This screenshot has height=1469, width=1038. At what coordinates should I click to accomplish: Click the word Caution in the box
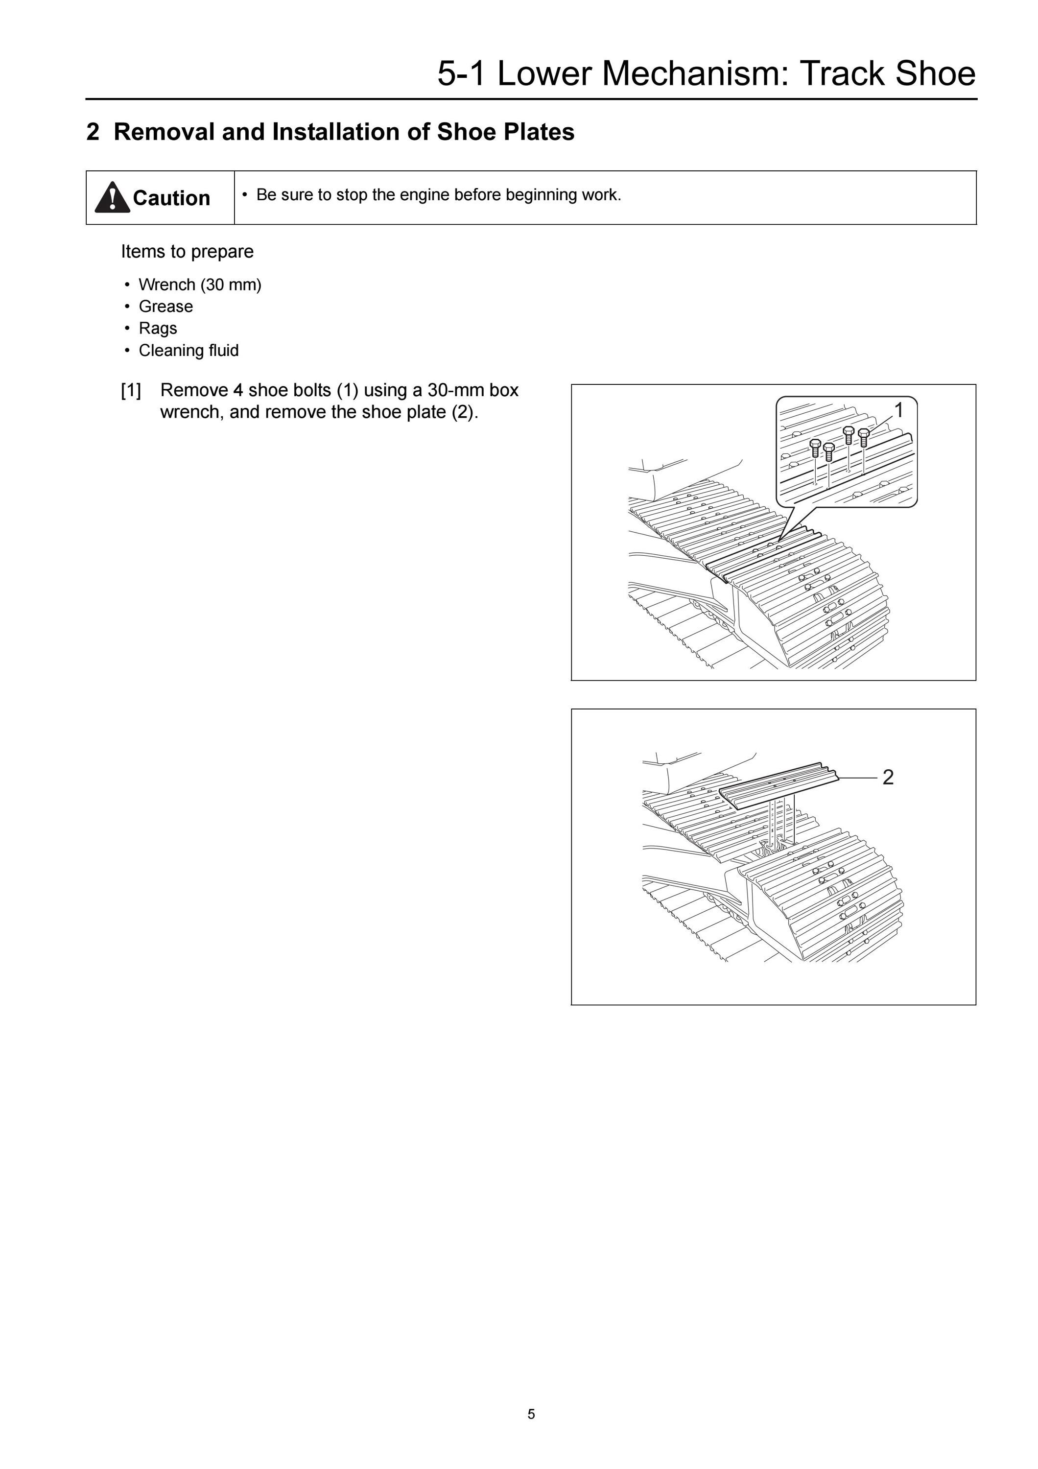171,198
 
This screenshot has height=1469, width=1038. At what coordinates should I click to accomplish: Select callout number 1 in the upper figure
898,410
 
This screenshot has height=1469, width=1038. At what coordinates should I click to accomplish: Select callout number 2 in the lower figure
888,778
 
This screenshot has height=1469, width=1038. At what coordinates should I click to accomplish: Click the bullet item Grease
165,307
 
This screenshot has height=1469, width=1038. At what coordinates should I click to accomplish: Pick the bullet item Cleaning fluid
189,351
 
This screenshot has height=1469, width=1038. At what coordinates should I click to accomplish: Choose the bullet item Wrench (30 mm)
200,284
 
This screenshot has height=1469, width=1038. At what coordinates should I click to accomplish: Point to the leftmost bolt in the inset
815,449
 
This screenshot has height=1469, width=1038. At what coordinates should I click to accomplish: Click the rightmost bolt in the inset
863,438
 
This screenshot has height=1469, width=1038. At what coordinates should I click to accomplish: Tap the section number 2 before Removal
93,132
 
